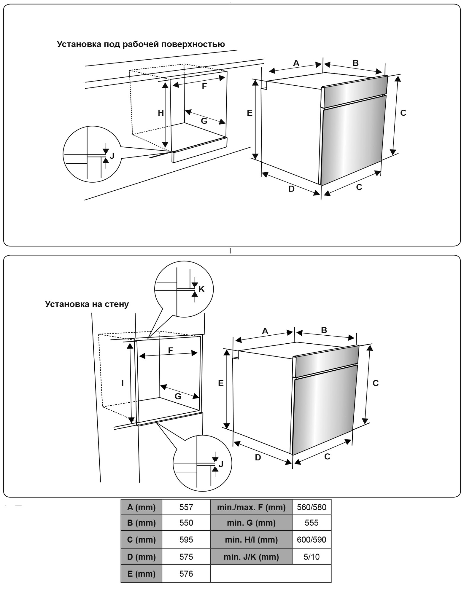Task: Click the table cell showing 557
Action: pos(186,507)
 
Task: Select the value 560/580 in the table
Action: pos(311,507)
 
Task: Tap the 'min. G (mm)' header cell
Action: pos(251,523)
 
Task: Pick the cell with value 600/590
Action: pos(311,540)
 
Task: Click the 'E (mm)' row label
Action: pos(141,574)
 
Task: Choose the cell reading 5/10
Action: pos(311,557)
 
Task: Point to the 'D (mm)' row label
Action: pos(141,557)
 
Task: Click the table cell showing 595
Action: pos(186,540)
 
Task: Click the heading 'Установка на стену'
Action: pos(87,304)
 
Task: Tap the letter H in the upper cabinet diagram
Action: pos(161,113)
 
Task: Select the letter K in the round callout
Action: pos(201,289)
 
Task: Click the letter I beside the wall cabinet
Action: pos(122,383)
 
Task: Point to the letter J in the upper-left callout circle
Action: pos(112,156)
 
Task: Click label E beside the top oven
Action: pos(250,113)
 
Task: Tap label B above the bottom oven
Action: pos(324,330)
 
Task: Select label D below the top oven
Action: pos(291,189)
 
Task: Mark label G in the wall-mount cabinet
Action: pos(178,396)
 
